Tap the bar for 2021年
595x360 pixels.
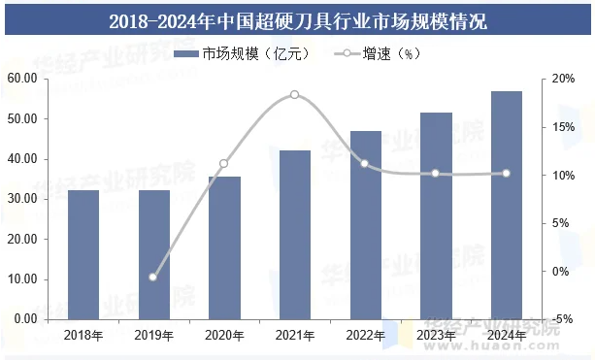coord(295,235)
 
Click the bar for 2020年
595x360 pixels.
coord(224,247)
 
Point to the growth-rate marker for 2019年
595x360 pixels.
coord(153,277)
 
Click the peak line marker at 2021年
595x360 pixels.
coord(295,95)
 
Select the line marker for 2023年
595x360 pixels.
coord(436,174)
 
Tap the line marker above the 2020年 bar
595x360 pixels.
coord(224,164)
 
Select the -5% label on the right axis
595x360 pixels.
coord(560,319)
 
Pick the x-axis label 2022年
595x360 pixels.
coord(366,336)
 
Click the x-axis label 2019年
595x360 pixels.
coord(153,336)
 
